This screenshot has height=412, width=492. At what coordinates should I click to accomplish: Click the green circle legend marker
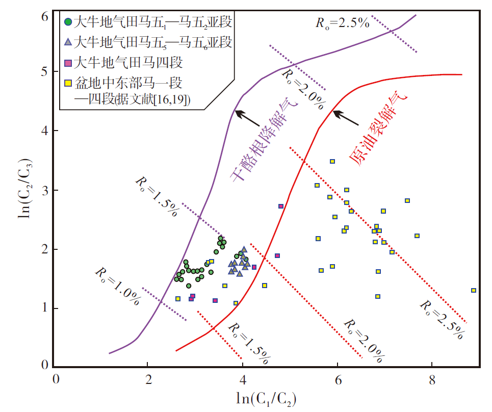pos(68,22)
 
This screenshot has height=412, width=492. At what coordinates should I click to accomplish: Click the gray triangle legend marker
pos(68,42)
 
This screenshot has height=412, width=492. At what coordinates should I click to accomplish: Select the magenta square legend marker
pos(68,63)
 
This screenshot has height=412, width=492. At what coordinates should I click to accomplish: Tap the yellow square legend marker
pos(68,83)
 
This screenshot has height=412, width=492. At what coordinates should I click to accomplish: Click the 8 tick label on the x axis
pos(432,380)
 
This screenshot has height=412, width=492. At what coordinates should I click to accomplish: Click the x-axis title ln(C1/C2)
pos(266,399)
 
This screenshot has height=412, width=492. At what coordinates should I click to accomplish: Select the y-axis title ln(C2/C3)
pos(25,189)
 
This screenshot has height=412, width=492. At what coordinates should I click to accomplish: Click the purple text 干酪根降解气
pos(263,139)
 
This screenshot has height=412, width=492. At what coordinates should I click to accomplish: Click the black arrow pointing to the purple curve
pos(248,118)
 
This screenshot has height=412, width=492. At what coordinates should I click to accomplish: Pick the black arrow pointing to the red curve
pos(346,118)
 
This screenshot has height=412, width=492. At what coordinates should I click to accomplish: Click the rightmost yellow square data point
pos(474,290)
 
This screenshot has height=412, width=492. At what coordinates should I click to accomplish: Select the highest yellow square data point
pos(332,161)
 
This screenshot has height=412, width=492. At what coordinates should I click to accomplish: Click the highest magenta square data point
pos(281,206)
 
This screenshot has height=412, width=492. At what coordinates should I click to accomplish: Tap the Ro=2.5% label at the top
pos(342,23)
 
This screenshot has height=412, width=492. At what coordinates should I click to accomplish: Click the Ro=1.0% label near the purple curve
pos(117,286)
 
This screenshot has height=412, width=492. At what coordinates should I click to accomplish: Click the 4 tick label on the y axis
pos(45,131)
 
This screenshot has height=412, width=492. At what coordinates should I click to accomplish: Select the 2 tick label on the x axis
pos(148,380)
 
